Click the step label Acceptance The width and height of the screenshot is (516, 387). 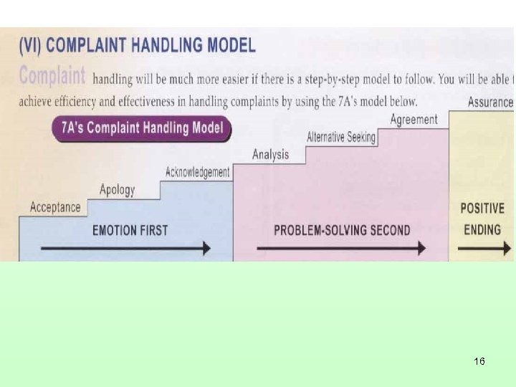click(x=55, y=208)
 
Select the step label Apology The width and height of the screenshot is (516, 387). click(x=117, y=190)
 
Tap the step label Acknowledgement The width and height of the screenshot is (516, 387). click(x=197, y=172)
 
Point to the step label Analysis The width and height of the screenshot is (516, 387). click(x=271, y=154)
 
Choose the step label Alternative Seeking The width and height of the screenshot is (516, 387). click(x=341, y=137)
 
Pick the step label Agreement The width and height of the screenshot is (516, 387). click(x=414, y=120)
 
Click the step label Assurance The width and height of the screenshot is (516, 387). click(x=490, y=102)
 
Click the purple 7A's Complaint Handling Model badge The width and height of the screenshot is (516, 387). click(x=141, y=129)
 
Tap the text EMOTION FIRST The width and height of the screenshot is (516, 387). click(x=130, y=230)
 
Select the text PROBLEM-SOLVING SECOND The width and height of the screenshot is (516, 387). click(x=342, y=230)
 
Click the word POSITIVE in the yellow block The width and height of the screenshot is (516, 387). click(x=482, y=209)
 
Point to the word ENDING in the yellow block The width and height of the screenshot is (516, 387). click(x=482, y=230)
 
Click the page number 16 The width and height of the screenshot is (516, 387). click(x=479, y=361)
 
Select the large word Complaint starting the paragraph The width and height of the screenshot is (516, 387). click(x=52, y=76)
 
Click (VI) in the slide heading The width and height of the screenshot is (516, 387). click(x=31, y=46)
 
